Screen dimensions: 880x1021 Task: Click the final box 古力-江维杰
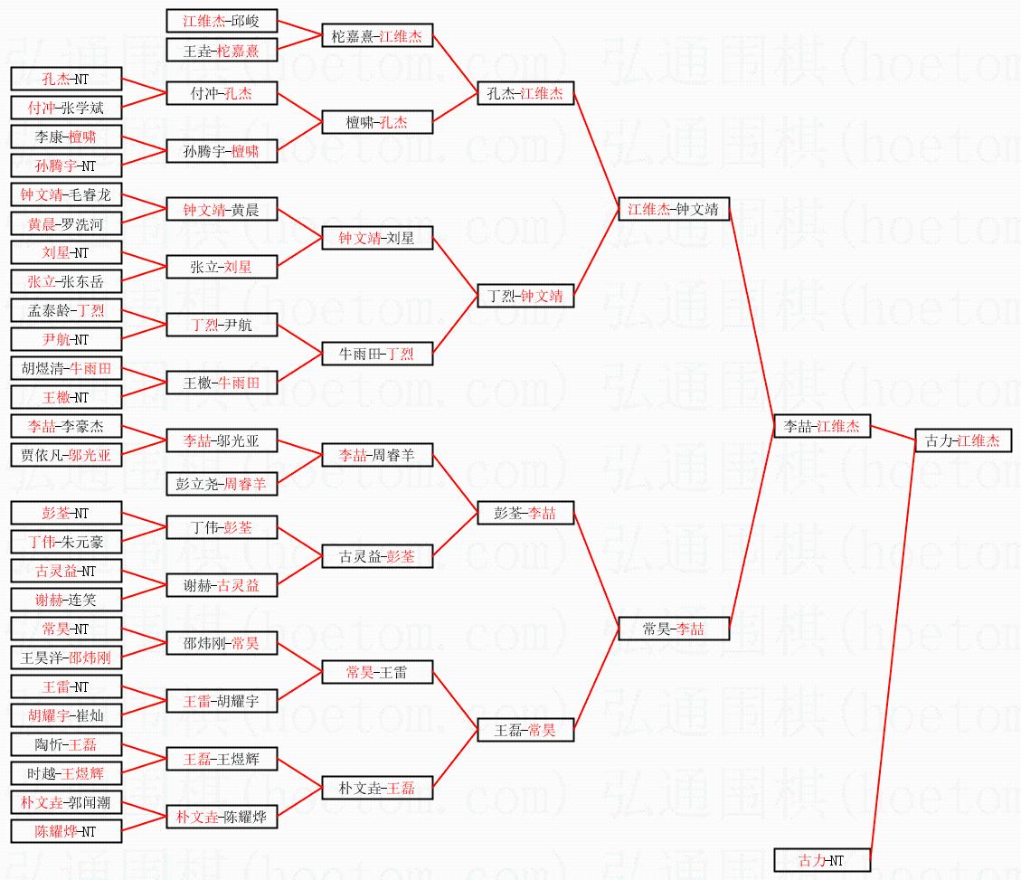(x=963, y=440)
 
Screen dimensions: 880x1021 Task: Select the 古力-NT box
(x=822, y=860)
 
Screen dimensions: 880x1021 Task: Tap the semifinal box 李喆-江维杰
(x=822, y=426)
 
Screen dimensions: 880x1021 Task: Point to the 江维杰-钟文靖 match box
(x=674, y=209)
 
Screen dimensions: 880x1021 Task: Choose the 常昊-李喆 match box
(x=674, y=629)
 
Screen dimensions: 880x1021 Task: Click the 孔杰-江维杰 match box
(x=525, y=93)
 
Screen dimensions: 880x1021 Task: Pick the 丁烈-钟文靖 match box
(x=525, y=296)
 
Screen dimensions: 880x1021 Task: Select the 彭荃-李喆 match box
(x=525, y=513)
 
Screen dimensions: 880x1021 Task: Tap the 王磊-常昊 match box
(x=525, y=730)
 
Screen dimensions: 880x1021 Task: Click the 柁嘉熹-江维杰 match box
(x=377, y=35)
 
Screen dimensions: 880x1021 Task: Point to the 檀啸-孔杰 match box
(x=377, y=122)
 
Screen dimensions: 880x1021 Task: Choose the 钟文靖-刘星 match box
(x=377, y=238)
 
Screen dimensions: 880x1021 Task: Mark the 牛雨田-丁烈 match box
(x=377, y=354)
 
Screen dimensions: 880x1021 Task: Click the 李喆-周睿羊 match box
(x=377, y=455)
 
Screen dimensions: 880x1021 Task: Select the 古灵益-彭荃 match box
(x=377, y=556)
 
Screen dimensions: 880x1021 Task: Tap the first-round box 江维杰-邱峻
(x=222, y=21)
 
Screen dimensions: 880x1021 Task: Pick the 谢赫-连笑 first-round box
(x=66, y=600)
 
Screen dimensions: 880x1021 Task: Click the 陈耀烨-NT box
(x=66, y=831)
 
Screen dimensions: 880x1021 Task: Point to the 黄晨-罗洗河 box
(x=66, y=223)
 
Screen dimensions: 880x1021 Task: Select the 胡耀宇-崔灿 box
(x=66, y=715)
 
